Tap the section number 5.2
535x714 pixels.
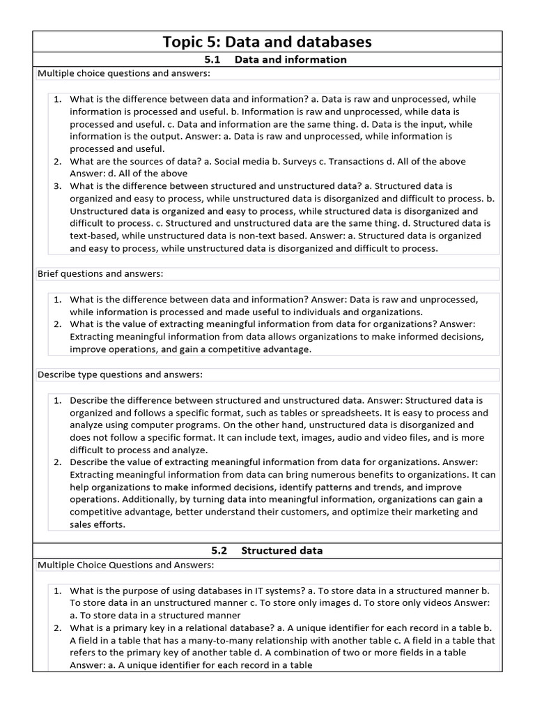217,551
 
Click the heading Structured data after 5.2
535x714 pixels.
282,551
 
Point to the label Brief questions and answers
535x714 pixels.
100,274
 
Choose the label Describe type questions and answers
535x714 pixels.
120,375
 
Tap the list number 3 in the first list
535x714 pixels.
58,186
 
